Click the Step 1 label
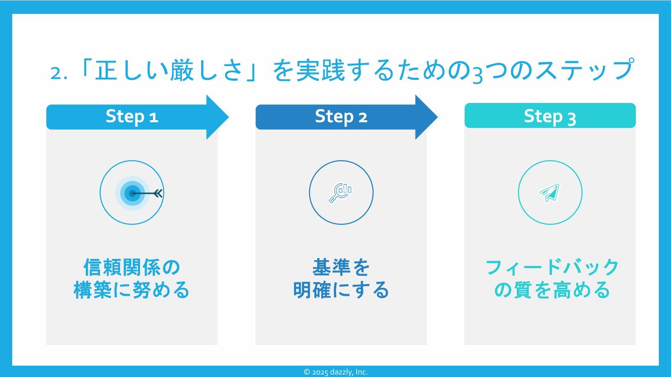(132, 116)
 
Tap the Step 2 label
(341, 116)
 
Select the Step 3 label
(550, 116)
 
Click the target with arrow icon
(132, 193)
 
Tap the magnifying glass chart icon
(341, 193)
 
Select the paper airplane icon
(550, 193)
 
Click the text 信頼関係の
(132, 267)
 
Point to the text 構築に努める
(132, 290)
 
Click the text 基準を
(341, 267)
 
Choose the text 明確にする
(341, 290)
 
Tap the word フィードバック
(552, 267)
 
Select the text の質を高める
(552, 290)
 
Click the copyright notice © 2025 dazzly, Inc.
(335, 372)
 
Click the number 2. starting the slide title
(58, 73)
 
